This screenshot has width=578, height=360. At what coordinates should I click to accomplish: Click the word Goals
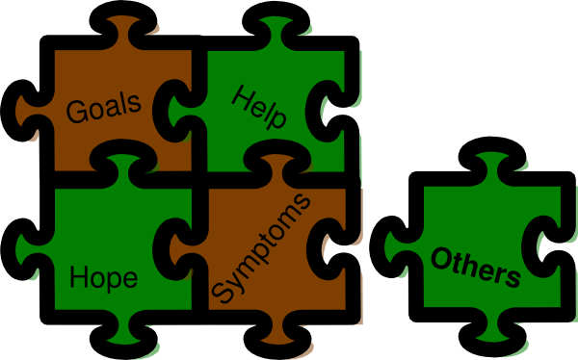click(x=104, y=106)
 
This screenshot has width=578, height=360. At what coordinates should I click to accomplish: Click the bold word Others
click(x=476, y=268)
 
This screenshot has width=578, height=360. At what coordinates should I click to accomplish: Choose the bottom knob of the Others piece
click(x=486, y=332)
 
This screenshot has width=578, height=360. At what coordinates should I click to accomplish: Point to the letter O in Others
click(x=442, y=259)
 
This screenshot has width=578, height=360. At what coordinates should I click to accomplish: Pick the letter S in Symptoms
click(x=223, y=290)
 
